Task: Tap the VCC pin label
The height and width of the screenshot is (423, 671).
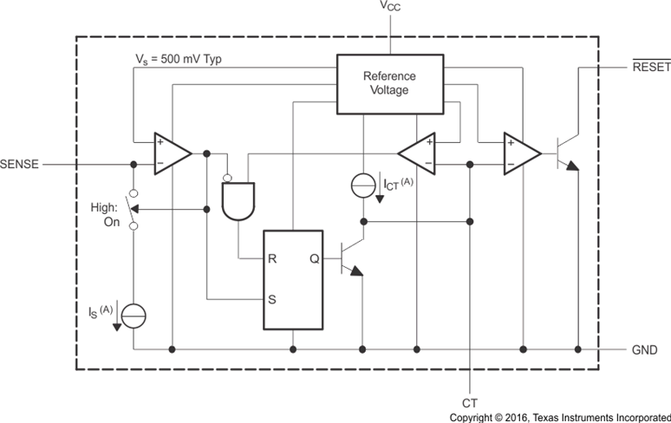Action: coord(389,8)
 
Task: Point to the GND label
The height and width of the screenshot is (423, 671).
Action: coord(645,350)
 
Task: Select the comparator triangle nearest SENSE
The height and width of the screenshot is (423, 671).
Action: coord(171,153)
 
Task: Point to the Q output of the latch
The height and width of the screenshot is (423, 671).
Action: coord(316,258)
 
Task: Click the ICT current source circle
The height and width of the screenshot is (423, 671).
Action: coord(363,185)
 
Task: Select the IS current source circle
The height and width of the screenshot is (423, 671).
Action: coord(134,316)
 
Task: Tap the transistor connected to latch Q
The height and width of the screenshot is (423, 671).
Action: coord(349,258)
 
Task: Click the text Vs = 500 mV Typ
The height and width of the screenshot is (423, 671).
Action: coord(187,58)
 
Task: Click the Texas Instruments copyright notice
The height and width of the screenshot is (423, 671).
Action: coord(559,416)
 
